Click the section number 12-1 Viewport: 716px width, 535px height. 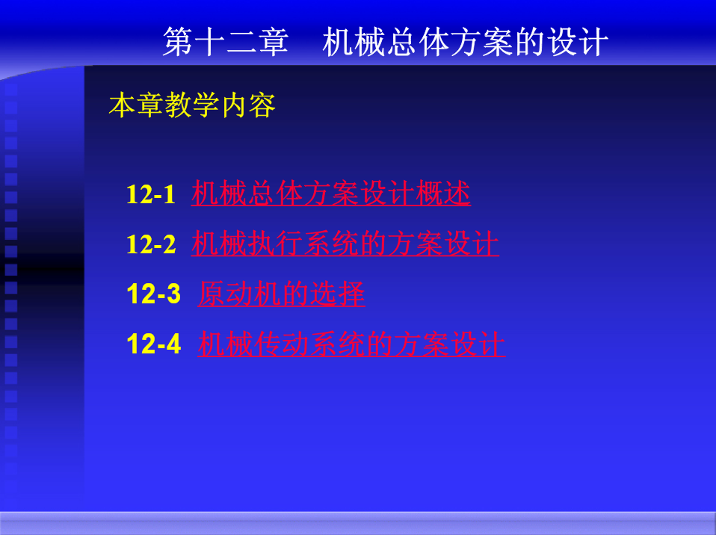[151, 194]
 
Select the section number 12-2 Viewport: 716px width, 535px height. [151, 244]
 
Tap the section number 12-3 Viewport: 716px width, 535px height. [153, 294]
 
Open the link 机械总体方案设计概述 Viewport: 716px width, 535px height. [331, 193]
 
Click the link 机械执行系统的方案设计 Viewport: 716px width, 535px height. [345, 244]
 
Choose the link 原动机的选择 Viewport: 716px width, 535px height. [281, 294]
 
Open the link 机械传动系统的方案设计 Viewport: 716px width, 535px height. [351, 344]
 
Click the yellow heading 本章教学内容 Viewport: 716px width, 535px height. [192, 105]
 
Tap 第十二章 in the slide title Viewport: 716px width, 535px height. [226, 42]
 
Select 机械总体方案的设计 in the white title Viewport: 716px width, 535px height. [466, 42]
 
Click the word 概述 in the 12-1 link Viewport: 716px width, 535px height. [443, 193]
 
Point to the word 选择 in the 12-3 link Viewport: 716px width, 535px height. [338, 294]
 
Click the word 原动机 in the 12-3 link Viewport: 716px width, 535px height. [240, 294]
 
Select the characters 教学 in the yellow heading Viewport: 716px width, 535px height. [192, 105]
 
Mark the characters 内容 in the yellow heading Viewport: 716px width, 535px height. [248, 105]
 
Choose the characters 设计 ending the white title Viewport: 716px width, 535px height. [577, 42]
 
